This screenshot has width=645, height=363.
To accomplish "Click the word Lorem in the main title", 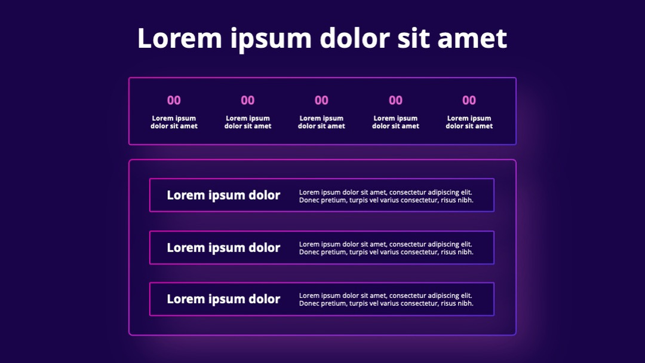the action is coord(179,38).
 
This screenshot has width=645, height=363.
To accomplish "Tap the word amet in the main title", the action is coord(472,38).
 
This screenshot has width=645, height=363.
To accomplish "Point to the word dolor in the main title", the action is coord(355,38).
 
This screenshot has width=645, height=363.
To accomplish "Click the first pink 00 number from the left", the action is coord(174,100).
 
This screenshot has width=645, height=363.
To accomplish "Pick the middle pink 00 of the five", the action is coord(322,100).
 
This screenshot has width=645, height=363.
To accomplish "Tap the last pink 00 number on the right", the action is coord(469,100).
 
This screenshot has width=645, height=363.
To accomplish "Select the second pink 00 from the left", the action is coord(248,100).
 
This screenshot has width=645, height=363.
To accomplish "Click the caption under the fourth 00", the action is coord(396,122).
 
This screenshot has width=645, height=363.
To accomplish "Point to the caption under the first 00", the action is coord(174,122).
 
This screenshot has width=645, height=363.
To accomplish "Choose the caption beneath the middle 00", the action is coord(322,122).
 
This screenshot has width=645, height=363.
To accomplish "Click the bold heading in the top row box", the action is coord(223,196).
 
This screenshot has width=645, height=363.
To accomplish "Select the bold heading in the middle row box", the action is coord(223,248).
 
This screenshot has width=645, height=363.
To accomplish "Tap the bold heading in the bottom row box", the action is coord(223,299).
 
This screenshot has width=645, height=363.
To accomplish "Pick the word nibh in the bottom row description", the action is coord(465,303).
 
